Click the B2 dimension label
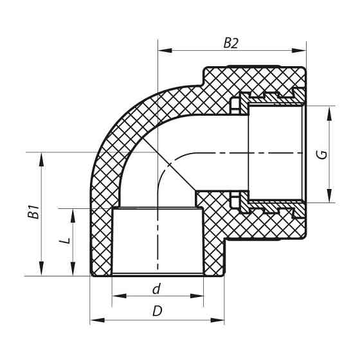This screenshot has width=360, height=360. click(x=231, y=43)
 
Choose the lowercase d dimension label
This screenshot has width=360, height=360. click(x=156, y=289)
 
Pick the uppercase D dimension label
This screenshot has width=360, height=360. click(x=157, y=311)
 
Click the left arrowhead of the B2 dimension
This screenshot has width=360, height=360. click(x=163, y=50)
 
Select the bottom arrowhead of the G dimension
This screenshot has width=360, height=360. click(x=330, y=199)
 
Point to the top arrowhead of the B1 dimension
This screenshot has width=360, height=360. click(x=43, y=156)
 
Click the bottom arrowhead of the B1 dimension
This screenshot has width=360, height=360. click(x=43, y=272)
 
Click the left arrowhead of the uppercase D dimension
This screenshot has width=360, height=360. click(x=94, y=319)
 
